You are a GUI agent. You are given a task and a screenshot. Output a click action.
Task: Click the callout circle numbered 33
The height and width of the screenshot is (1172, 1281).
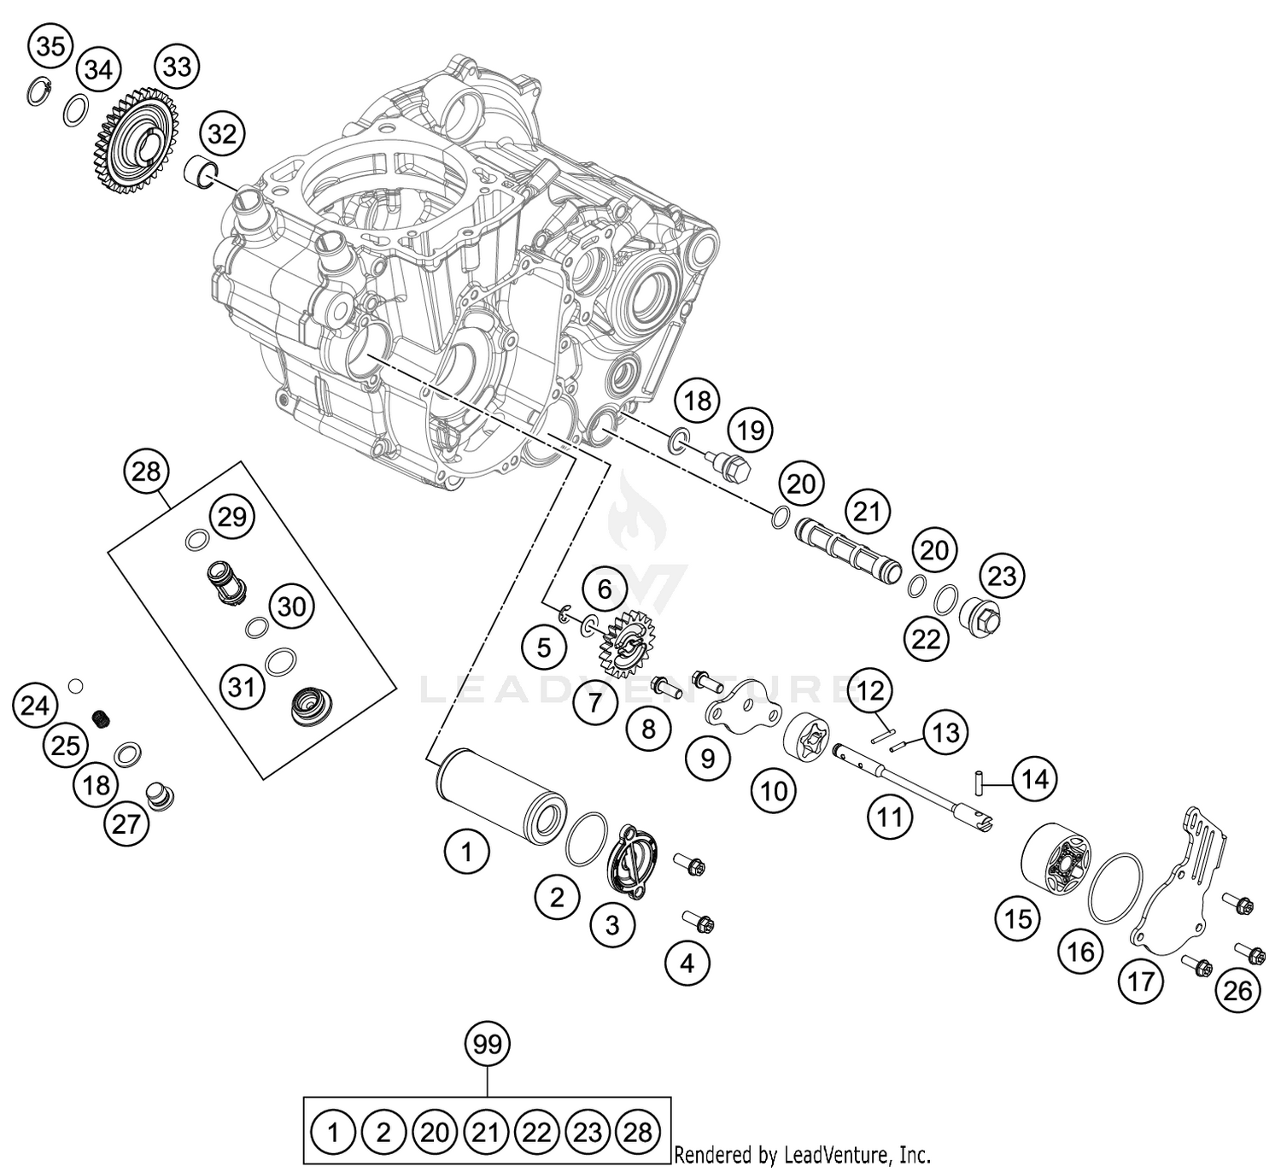point(177,66)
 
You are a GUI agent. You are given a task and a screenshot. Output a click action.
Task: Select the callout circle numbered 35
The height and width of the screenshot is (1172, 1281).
point(50,46)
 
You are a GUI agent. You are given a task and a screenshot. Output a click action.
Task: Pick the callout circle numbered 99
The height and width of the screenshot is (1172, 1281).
point(487,1044)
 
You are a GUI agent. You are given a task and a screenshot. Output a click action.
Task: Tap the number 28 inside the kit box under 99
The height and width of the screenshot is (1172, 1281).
point(637,1133)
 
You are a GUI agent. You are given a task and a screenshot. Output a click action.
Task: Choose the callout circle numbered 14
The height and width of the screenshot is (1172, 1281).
point(1035,779)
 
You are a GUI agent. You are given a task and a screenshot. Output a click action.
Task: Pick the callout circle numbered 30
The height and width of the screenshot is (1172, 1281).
point(291,607)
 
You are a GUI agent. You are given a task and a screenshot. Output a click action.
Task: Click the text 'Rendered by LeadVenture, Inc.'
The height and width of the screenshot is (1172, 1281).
point(802,1156)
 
